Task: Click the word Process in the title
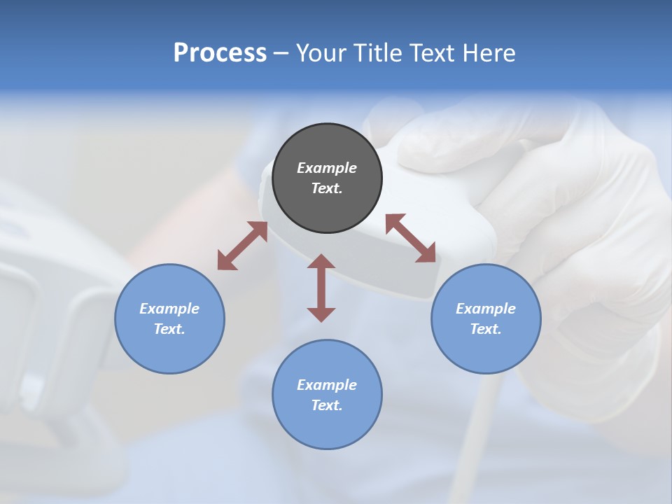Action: pos(220,53)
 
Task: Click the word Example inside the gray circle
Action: pos(327,168)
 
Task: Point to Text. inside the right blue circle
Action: pos(486,329)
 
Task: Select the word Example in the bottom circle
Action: pos(327,385)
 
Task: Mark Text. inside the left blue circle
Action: pos(169,329)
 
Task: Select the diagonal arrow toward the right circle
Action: pos(411,239)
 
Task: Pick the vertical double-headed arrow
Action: pos(321,288)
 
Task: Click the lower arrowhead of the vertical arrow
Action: pos(321,314)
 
